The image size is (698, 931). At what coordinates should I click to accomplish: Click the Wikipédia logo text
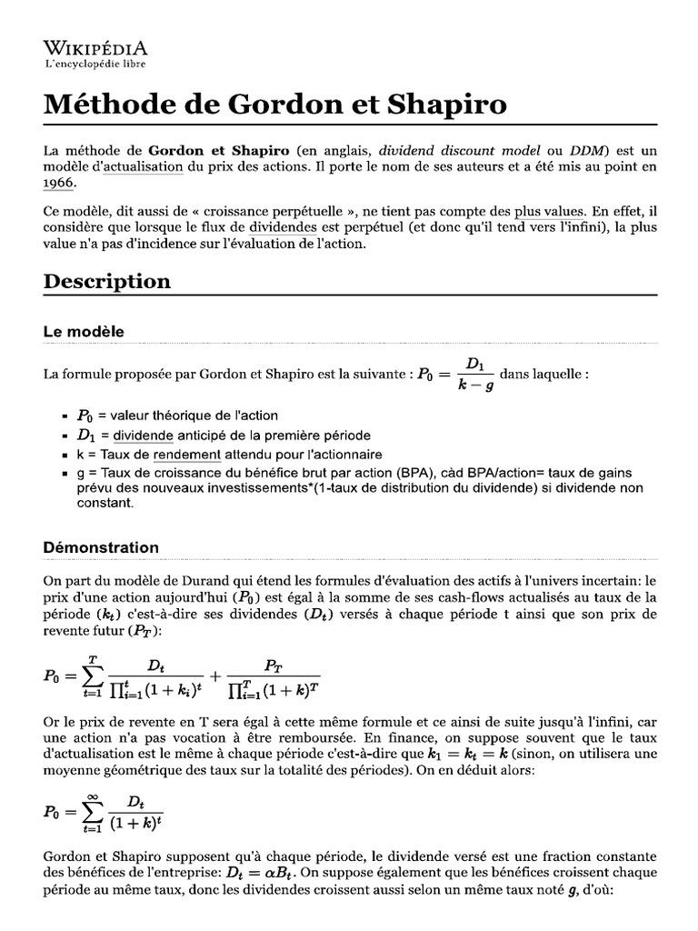tap(95, 48)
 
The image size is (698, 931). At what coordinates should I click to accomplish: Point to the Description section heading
tap(107, 281)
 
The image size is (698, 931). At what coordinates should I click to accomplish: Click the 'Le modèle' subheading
tap(84, 332)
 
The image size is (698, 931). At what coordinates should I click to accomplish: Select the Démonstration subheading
tap(101, 547)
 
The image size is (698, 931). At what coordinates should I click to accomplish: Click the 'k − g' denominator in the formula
tap(475, 385)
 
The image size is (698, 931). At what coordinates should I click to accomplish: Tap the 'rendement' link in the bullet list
tap(187, 454)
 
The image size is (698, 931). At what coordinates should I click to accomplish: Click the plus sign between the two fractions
tap(214, 676)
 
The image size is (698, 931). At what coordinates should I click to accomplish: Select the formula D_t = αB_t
tap(260, 873)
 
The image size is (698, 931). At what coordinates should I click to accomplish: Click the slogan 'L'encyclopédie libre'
tap(95, 64)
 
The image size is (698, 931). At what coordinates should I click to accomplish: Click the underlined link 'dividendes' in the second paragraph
tap(283, 227)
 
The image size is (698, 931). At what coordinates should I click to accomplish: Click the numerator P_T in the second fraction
tap(273, 665)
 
